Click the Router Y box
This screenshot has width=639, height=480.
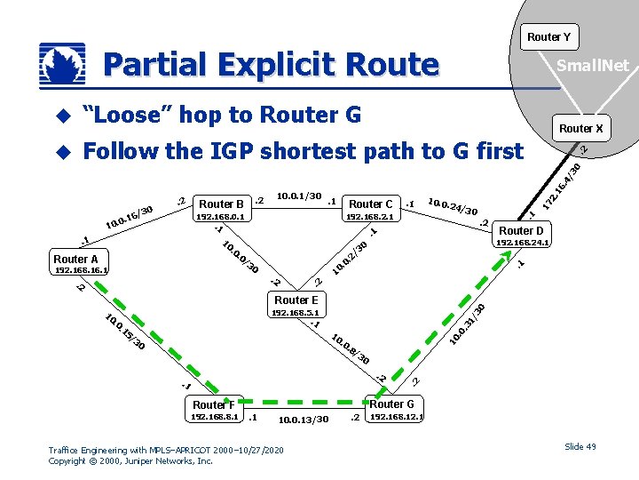pos(548,36)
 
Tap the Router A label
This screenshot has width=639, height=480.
pos(76,260)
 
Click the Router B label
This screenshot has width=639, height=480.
pos(222,204)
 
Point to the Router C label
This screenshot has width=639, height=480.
pos(371,204)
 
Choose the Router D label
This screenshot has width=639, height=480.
pos(522,230)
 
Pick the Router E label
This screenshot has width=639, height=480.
pos(296,300)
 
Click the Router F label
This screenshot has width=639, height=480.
pos(215,405)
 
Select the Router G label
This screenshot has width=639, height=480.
pos(391,404)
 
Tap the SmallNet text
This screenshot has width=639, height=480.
pos(592,65)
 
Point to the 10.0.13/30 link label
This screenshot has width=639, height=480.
pos(304,420)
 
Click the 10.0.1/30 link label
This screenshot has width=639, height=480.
pos(299,196)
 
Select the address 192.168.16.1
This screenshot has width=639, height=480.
pos(82,271)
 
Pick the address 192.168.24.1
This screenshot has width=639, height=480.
pos(523,242)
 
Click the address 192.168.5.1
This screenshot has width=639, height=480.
pos(296,312)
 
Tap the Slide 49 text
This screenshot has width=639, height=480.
pos(580,446)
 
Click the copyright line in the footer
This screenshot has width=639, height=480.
pos(130,460)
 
